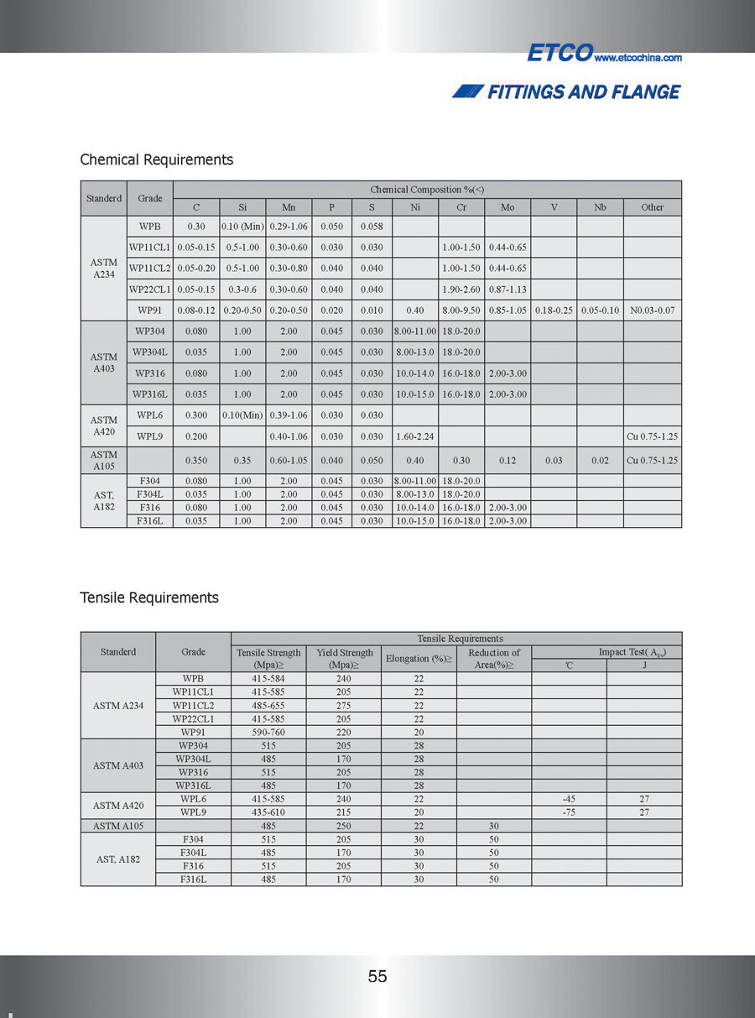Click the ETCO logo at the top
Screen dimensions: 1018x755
click(559, 53)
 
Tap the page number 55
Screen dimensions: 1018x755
click(377, 976)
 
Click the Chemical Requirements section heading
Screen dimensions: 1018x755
click(156, 159)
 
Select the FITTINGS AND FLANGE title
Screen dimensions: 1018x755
click(583, 91)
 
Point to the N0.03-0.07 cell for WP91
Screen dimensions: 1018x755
click(652, 311)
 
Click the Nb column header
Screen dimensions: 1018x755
click(600, 207)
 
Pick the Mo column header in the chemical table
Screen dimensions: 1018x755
click(507, 207)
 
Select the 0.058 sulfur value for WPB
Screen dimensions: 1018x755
click(371, 227)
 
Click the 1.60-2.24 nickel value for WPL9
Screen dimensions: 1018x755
click(415, 436)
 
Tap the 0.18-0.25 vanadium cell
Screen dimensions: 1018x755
click(554, 311)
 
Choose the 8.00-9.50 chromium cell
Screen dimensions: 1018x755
click(461, 311)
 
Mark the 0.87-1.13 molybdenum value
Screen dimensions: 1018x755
click(507, 290)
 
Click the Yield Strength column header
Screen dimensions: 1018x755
click(344, 659)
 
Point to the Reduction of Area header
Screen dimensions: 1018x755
click(494, 659)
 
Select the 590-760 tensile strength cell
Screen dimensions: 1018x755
click(268, 732)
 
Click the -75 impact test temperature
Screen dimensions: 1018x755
click(569, 812)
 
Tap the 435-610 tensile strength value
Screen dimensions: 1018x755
click(268, 812)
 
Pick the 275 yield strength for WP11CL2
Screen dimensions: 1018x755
click(344, 705)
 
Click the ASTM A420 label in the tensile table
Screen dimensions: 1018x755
click(118, 806)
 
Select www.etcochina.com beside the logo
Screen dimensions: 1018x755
click(638, 58)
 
